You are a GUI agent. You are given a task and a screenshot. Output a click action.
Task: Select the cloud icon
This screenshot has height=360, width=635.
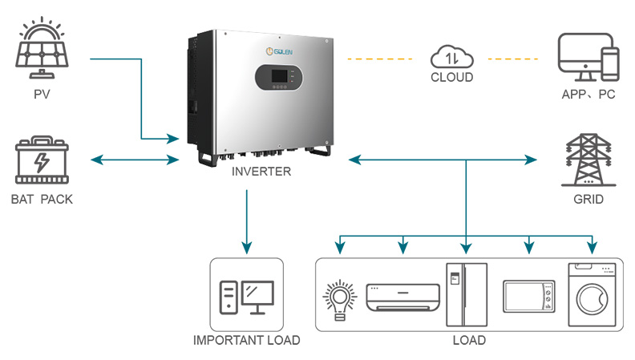(451, 57)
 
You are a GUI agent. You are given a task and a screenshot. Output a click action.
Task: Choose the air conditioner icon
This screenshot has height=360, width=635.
(402, 297)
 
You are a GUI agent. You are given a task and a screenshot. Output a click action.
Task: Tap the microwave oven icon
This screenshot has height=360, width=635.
(528, 297)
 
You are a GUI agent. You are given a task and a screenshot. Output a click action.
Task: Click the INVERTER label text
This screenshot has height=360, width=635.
(261, 172)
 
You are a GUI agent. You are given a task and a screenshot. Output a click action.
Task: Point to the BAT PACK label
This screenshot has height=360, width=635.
(42, 199)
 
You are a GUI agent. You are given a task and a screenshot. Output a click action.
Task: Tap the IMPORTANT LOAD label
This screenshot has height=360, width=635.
(246, 341)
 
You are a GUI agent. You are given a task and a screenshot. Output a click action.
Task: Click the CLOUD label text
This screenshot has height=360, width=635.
(451, 78)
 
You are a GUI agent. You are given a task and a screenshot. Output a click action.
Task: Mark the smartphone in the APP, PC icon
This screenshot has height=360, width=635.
(611, 65)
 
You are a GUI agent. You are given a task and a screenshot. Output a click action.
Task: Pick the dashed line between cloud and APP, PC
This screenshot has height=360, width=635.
(514, 59)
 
